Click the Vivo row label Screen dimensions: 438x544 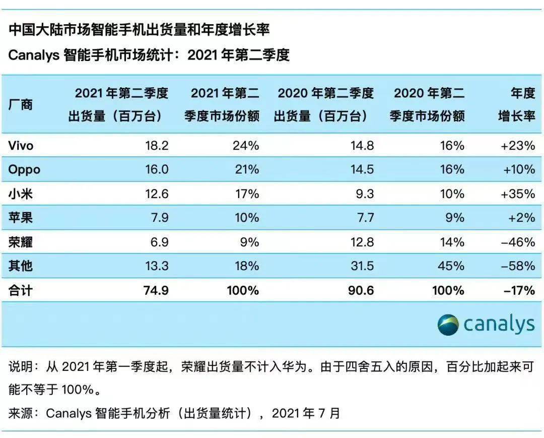tap(21, 146)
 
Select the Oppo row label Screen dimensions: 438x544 tap(24, 170)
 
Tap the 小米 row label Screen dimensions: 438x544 tap(21, 194)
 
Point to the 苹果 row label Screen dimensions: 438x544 tap(21, 218)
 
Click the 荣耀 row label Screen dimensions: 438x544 tap(21, 242)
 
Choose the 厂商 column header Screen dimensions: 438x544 tap(21, 105)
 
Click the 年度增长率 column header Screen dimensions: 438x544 tap(516, 105)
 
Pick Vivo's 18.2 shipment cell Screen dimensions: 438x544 tap(156, 146)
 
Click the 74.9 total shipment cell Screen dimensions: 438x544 tap(156, 290)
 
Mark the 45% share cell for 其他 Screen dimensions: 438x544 tap(451, 266)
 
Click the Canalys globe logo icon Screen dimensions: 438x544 tap(448, 325)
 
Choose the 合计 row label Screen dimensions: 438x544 tap(21, 290)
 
